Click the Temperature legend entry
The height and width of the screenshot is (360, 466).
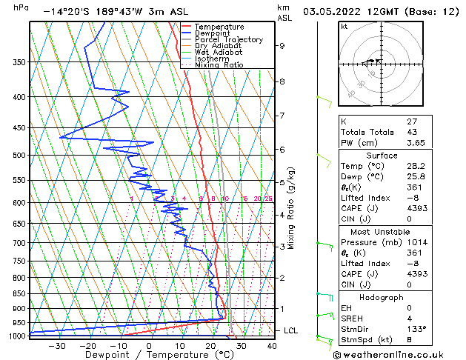[219, 27]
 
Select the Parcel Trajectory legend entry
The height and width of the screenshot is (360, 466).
[228, 40]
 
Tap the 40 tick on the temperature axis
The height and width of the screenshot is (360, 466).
[271, 346]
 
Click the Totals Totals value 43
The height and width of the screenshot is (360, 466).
[413, 132]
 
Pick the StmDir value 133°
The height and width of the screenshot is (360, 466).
[417, 327]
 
